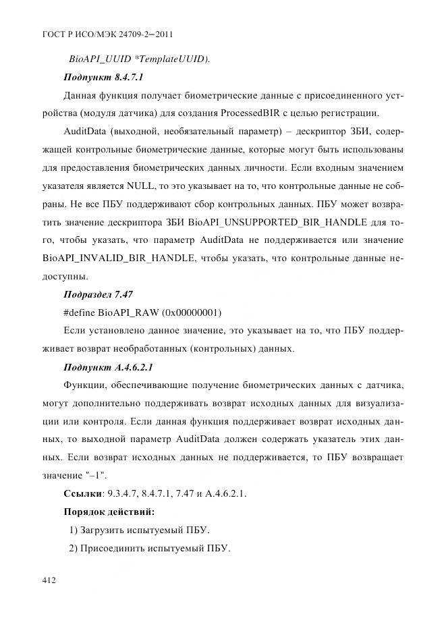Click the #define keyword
79,312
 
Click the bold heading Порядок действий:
109,512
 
